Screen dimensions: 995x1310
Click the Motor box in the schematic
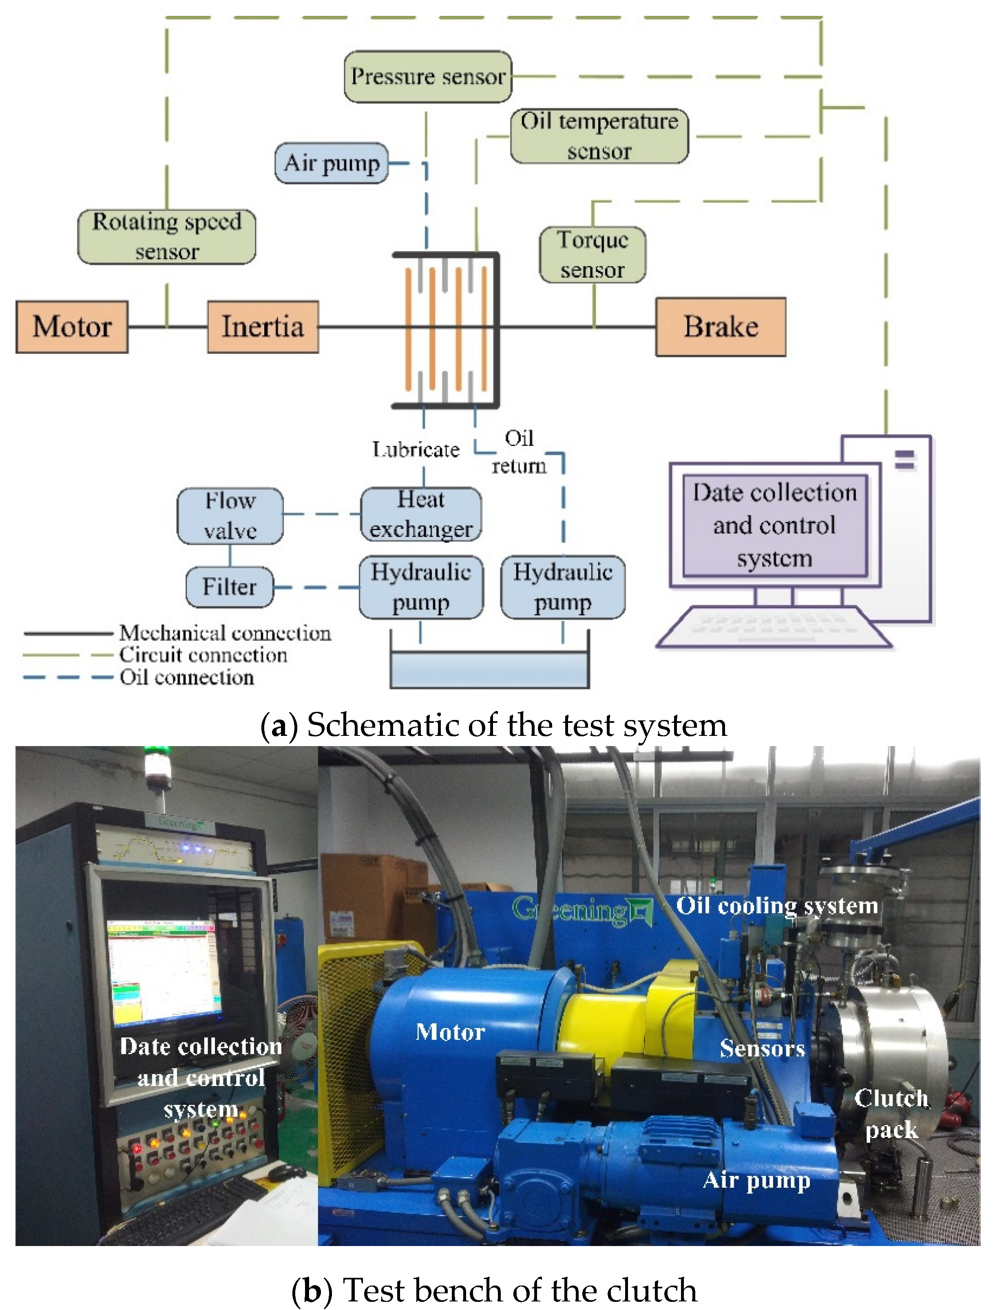[72, 326]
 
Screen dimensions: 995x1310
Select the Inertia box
[263, 326]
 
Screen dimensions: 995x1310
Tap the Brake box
[721, 327]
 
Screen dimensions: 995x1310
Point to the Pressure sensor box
[428, 76]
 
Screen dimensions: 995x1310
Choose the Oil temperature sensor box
[599, 136]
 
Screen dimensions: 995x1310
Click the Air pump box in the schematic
[331, 163]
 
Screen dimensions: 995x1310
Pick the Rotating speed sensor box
[166, 237]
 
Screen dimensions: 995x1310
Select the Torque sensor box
[593, 255]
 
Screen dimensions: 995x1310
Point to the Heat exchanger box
[421, 514]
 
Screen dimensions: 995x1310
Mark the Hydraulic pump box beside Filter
[421, 587]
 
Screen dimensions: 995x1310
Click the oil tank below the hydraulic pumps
[489, 669]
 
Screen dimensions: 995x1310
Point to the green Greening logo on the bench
[583, 910]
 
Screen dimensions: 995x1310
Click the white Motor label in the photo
[450, 1032]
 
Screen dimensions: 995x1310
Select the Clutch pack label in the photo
[891, 1114]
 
